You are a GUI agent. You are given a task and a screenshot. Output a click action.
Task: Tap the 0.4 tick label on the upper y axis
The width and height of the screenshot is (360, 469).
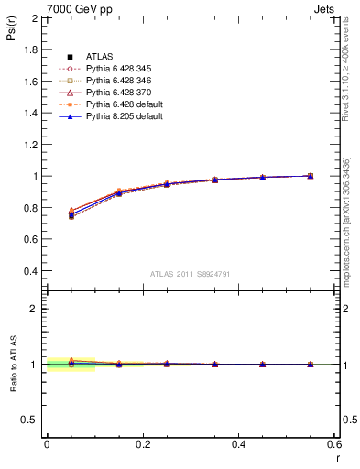[30, 271]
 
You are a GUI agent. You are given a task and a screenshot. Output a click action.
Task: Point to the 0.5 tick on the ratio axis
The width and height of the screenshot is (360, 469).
[30, 420]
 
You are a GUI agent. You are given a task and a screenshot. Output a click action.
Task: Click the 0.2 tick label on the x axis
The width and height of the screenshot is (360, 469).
[142, 443]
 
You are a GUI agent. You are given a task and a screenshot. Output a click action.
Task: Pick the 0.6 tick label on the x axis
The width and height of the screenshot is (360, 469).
[333, 443]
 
